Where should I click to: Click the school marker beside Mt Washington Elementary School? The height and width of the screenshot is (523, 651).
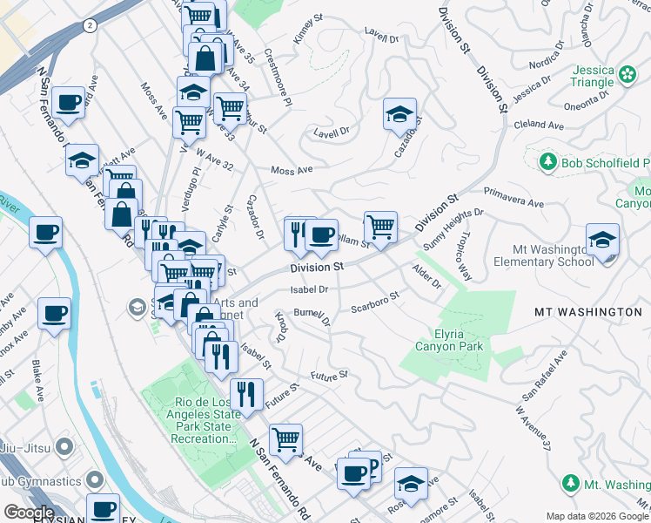tap(602, 240)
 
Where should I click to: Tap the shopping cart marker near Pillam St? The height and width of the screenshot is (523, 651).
tap(380, 227)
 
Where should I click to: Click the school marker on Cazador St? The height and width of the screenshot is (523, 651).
tap(400, 114)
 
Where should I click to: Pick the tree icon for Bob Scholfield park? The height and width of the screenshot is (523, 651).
tap(547, 162)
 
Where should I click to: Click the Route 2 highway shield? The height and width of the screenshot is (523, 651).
tap(90, 26)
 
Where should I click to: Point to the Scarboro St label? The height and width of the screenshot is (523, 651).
tap(374, 302)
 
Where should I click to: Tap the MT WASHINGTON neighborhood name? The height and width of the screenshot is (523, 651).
tap(588, 311)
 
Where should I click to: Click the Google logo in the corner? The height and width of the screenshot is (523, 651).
tap(28, 513)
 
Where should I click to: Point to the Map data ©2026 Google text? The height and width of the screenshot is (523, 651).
tap(597, 516)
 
